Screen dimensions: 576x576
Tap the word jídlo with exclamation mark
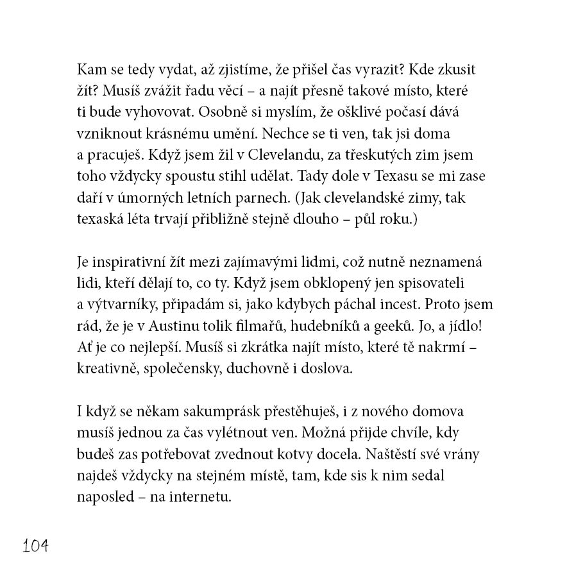[471, 326]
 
